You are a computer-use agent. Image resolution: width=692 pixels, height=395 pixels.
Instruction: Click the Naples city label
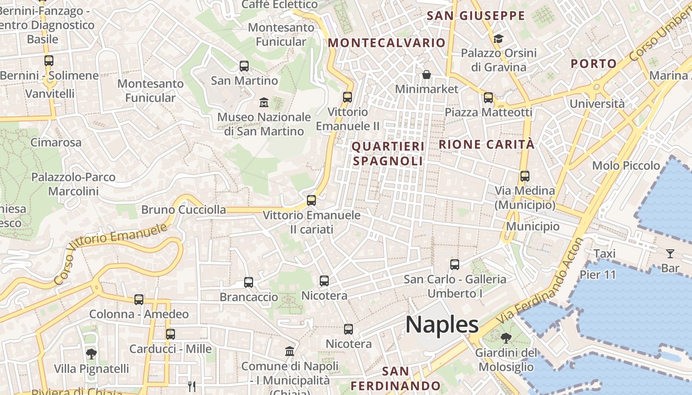point(442,324)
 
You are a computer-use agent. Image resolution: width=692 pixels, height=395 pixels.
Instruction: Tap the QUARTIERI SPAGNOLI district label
point(388,154)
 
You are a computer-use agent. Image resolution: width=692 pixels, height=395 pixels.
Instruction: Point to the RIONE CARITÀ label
point(487,144)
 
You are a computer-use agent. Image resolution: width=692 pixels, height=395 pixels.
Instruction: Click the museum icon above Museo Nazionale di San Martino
point(264,103)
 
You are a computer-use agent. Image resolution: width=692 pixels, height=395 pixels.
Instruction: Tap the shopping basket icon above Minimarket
point(427,75)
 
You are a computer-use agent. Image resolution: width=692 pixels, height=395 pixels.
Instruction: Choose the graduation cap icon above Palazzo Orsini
point(498,39)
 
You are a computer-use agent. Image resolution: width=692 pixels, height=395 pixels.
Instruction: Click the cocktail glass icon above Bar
point(670,254)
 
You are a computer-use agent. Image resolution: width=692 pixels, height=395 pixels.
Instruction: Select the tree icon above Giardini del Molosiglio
point(506,338)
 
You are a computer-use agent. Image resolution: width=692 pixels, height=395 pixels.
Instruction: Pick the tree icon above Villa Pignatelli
point(91,354)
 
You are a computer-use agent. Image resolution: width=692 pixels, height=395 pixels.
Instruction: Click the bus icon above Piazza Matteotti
point(488,98)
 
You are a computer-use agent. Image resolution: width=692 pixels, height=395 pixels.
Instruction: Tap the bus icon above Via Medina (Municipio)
point(525,176)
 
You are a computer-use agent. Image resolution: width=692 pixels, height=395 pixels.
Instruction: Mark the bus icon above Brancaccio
point(249,282)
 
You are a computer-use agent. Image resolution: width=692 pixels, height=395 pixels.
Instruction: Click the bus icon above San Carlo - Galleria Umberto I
point(455,265)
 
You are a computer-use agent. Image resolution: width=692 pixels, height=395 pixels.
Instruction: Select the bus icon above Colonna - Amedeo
point(139,300)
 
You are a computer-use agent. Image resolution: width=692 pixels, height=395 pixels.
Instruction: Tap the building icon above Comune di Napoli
point(290,352)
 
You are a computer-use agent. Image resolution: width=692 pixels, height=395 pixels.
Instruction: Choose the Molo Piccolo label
point(626,165)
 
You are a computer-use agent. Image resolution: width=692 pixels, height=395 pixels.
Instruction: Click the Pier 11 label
point(598,275)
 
